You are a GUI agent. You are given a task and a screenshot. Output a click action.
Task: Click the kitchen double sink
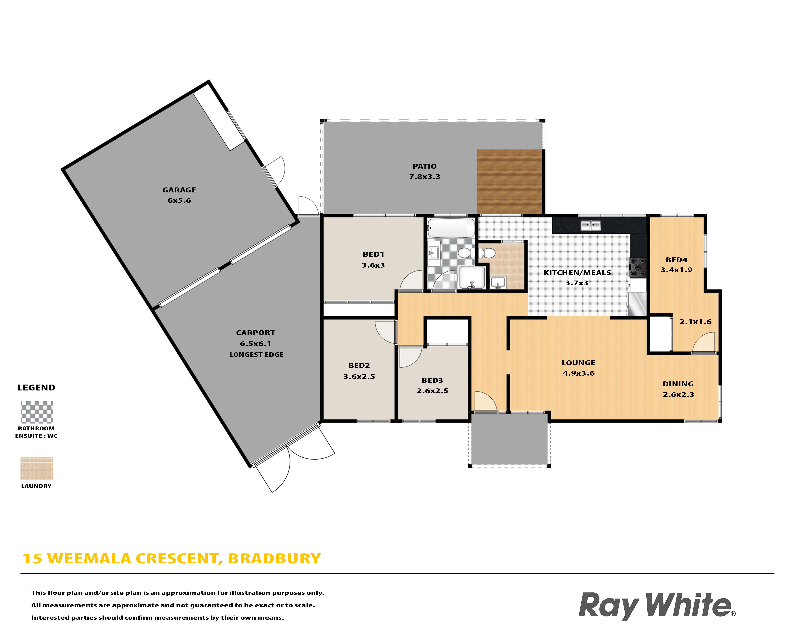click(590, 225)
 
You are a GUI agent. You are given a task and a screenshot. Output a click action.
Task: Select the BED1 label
click(374, 254)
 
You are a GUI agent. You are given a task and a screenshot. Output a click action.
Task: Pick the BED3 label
click(432, 380)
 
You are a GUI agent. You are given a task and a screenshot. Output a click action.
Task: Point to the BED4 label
click(676, 260)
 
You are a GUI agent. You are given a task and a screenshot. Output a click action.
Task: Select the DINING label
click(678, 384)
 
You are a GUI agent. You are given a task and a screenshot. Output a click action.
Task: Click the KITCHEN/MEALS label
click(577, 273)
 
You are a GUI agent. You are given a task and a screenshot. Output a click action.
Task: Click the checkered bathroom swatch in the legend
click(37, 412)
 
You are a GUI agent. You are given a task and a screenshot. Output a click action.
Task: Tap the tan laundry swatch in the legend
click(37, 468)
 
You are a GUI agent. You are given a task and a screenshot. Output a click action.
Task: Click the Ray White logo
click(657, 606)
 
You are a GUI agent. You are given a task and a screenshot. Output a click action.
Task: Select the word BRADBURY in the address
click(274, 559)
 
